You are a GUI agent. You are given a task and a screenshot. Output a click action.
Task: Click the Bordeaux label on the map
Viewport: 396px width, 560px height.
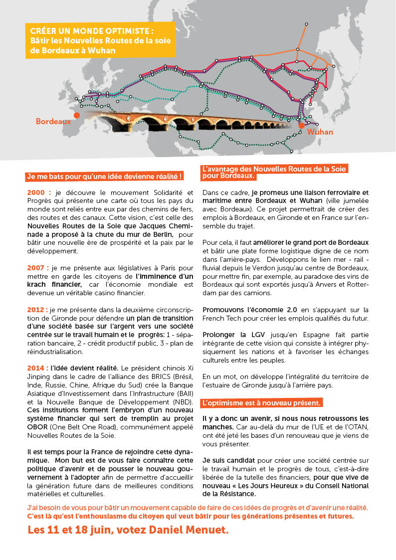[53, 121]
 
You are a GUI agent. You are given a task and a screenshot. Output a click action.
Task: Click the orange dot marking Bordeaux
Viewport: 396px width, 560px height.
[76, 115]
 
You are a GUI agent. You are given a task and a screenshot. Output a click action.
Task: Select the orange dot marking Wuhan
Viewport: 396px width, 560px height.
[302, 126]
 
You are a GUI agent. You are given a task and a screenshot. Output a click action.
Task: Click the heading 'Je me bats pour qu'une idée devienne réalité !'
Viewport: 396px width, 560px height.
[104, 177]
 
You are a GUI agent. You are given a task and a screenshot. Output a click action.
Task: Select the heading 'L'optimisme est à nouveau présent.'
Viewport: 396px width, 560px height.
[261, 402]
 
